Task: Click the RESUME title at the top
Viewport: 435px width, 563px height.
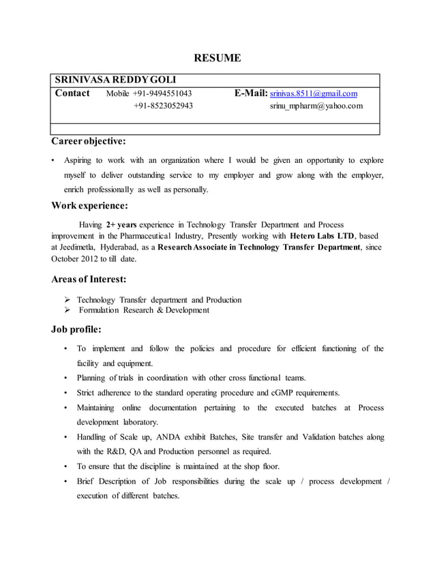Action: click(x=217, y=59)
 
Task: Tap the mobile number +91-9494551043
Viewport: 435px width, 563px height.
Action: click(x=162, y=93)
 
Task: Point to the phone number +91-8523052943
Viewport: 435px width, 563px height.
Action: click(x=162, y=106)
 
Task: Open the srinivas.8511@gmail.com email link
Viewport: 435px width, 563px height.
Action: click(x=314, y=93)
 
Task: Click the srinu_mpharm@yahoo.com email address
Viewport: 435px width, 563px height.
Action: click(x=316, y=106)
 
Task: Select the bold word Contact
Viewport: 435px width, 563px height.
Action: click(x=72, y=93)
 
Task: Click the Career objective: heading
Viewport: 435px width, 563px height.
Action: click(x=89, y=142)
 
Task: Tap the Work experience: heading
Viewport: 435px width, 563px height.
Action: click(x=89, y=205)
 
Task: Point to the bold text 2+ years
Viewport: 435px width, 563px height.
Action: click(x=121, y=224)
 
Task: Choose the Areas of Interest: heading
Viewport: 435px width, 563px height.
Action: click(x=89, y=279)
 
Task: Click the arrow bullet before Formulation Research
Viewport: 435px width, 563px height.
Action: click(x=67, y=310)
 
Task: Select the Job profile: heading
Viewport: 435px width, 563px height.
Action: click(x=76, y=330)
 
